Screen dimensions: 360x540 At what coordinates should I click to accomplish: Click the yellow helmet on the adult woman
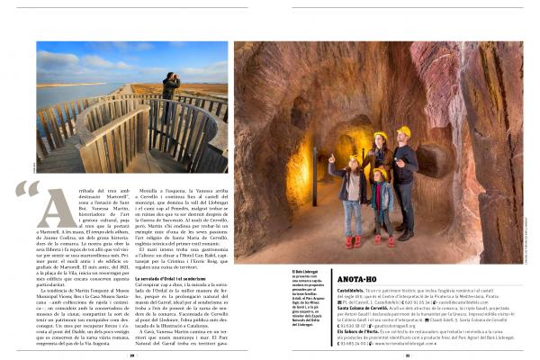[x=379, y=137]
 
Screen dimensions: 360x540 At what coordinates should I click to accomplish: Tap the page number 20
[x=131, y=355]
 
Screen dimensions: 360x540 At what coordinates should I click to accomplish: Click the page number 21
[x=407, y=355]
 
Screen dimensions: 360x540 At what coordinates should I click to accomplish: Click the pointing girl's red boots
[x=351, y=240]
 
